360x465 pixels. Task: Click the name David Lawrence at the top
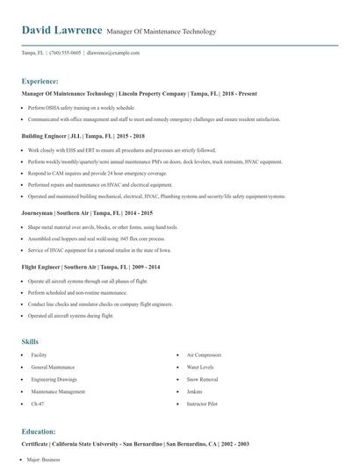point(61,30)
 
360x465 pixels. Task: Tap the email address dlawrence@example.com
point(115,53)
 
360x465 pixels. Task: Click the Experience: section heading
point(40,80)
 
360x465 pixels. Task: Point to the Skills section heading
point(30,341)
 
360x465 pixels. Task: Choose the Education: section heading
point(39,432)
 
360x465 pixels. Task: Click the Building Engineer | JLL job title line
point(83,137)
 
